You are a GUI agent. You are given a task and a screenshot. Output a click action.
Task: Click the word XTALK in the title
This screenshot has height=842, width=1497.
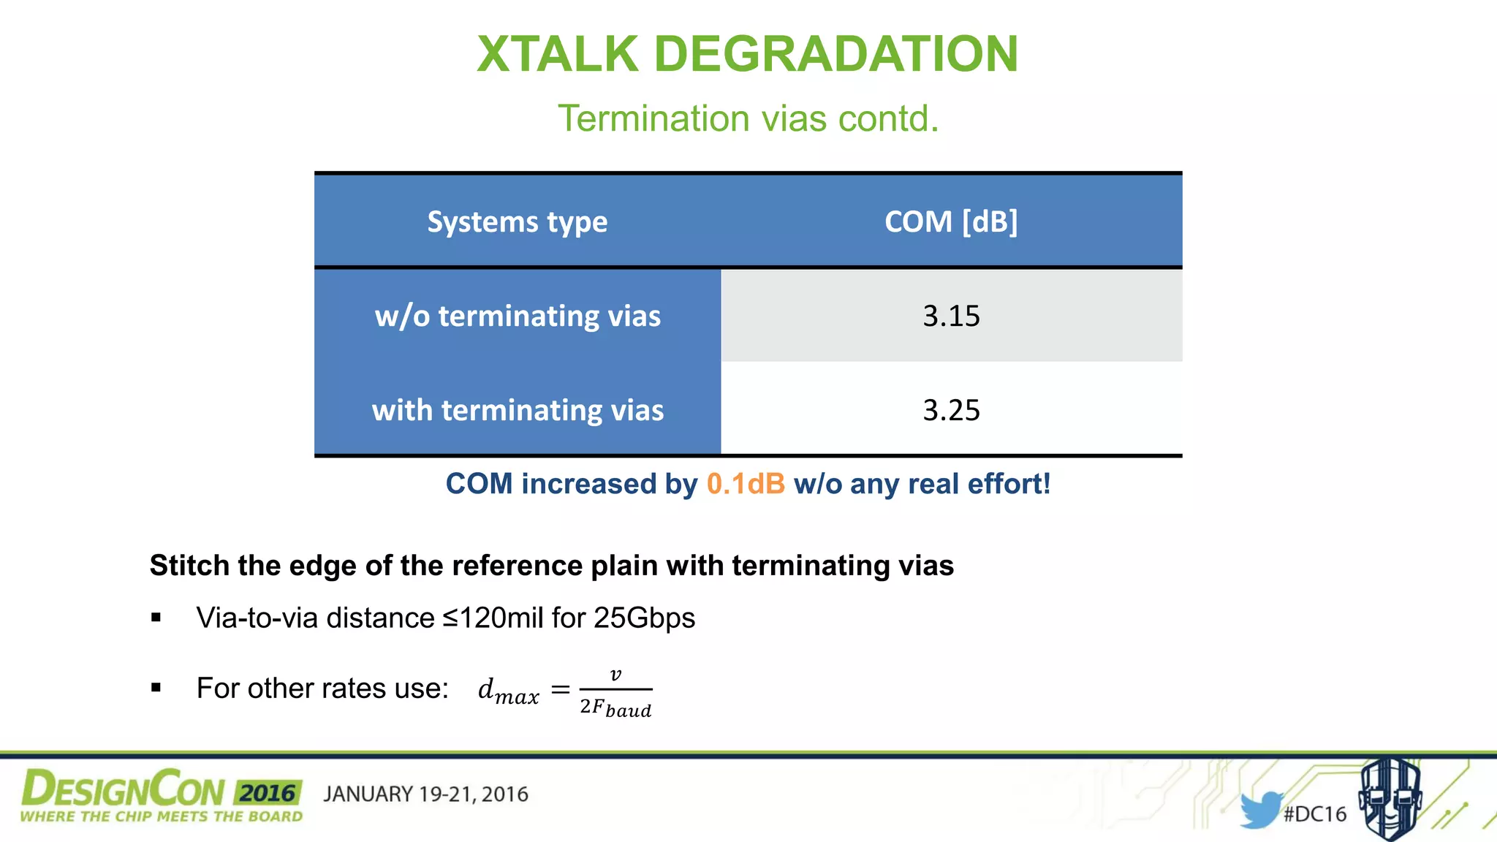click(x=558, y=54)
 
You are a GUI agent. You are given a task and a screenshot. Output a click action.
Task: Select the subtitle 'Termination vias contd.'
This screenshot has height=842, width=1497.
click(x=748, y=118)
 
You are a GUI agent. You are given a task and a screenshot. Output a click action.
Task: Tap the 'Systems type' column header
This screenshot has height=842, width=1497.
click(x=517, y=221)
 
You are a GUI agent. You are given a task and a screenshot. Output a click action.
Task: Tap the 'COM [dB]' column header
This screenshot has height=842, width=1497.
click(x=950, y=221)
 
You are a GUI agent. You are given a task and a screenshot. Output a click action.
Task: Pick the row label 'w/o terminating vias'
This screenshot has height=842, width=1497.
click(x=518, y=316)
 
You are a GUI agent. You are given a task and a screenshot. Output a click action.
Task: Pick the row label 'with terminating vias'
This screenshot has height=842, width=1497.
click(x=518, y=410)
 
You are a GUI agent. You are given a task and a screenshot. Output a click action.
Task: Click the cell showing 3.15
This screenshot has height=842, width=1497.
click(x=950, y=316)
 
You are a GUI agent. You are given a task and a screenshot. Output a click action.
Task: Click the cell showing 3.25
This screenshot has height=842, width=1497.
click(x=950, y=410)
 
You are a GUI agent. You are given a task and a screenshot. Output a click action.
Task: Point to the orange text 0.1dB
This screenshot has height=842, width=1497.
click(x=746, y=484)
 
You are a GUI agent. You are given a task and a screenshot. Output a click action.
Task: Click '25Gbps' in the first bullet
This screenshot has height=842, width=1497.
click(x=644, y=618)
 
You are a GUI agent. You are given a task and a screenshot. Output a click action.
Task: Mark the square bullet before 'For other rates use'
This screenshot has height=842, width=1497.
click(x=156, y=687)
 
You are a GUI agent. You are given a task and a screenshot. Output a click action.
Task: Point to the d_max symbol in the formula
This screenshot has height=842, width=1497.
click(x=508, y=691)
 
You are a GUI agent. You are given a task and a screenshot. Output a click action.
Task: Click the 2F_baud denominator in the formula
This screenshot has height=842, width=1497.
click(x=615, y=708)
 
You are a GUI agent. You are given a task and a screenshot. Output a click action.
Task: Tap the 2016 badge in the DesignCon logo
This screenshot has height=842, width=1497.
click(x=268, y=793)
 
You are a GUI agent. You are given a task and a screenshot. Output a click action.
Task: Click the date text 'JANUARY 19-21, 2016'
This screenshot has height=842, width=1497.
click(x=425, y=794)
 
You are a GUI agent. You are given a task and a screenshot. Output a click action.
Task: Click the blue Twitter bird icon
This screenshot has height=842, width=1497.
click(x=1260, y=810)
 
